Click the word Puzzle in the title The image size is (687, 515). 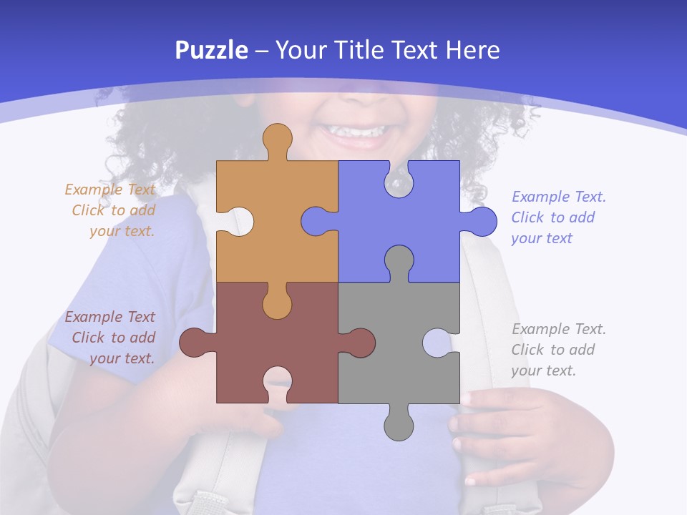[x=212, y=50]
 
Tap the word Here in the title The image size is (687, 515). [x=472, y=50]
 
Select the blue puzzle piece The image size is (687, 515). [x=422, y=215]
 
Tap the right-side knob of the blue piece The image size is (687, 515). [x=483, y=222]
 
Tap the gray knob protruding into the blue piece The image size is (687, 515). [x=399, y=259]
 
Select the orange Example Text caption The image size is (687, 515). [x=111, y=210]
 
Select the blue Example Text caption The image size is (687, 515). [x=558, y=217]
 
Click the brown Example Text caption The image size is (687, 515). [x=111, y=338]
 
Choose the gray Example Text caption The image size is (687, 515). [x=558, y=350]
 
